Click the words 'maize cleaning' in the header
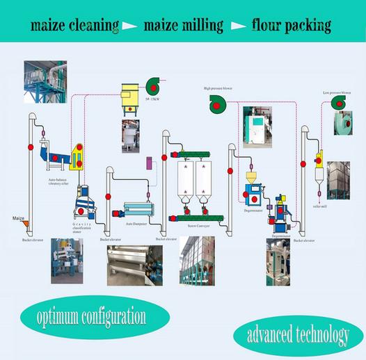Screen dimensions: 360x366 pyautogui.click(x=73, y=26)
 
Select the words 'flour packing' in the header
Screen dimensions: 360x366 pyautogui.click(x=292, y=26)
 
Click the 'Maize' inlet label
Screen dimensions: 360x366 pyautogui.click(x=19, y=219)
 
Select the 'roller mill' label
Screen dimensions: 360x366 pyautogui.click(x=319, y=206)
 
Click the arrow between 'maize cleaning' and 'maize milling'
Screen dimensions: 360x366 pyautogui.click(x=129, y=27)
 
